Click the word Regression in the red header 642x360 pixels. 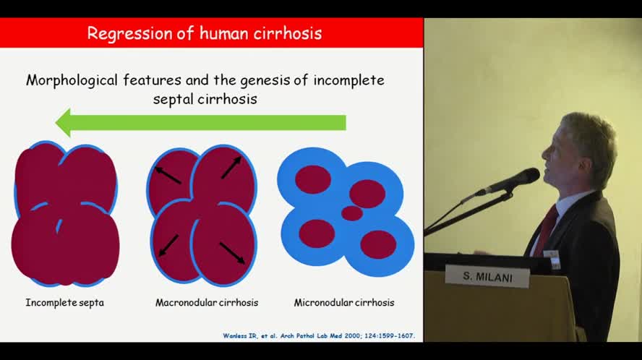[x=130, y=33]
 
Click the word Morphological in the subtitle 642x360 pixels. [x=72, y=81]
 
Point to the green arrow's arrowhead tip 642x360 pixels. [x=56, y=122]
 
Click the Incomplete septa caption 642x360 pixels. [x=64, y=303]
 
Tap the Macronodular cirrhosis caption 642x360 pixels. [x=207, y=303]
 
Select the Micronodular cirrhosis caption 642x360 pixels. [x=344, y=303]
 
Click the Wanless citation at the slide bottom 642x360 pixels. [x=319, y=336]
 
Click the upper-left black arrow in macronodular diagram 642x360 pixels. [x=168, y=175]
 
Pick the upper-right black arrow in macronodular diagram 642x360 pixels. [x=231, y=168]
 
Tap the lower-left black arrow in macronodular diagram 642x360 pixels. [x=168, y=246]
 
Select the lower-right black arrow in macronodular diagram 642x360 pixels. [x=232, y=253]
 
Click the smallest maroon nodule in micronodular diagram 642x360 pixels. [x=352, y=213]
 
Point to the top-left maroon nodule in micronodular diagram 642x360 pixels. [x=313, y=179]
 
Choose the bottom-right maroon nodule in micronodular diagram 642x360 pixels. [x=378, y=244]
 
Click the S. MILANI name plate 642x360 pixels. [x=487, y=277]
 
